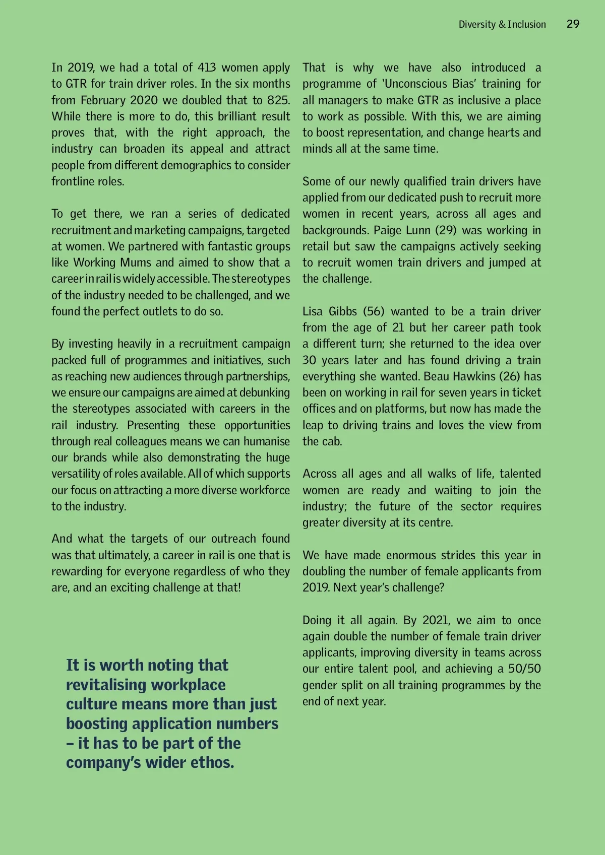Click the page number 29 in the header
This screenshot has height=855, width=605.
573,24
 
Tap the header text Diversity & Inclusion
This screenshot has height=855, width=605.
502,24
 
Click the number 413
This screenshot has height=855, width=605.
207,68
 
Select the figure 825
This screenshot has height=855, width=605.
279,100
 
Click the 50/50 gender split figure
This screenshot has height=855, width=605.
524,669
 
